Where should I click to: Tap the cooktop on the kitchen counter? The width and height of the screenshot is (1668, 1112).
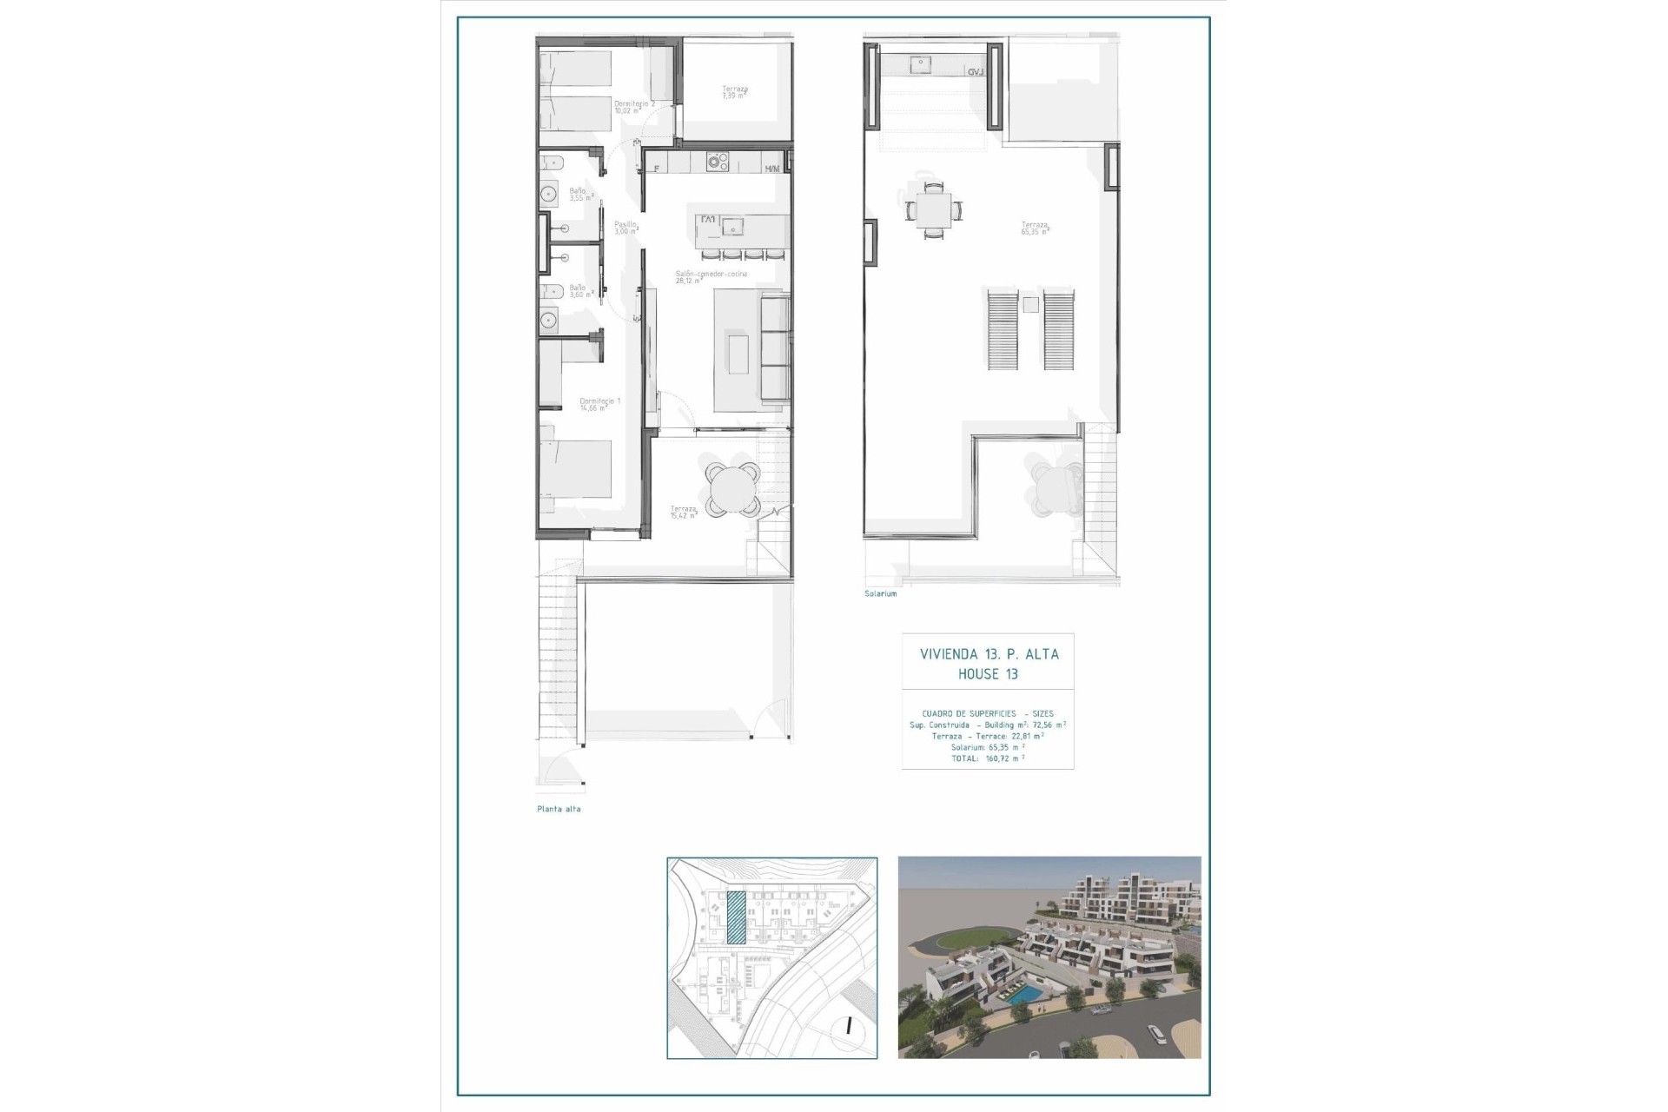[717, 162]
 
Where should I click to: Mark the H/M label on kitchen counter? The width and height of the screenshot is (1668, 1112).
[771, 169]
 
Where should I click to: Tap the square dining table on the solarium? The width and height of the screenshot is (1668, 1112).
[932, 209]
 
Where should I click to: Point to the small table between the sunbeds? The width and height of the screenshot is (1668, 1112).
[1030, 305]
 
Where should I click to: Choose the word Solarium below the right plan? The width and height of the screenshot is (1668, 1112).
[880, 593]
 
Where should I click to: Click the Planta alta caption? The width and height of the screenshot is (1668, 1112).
[559, 809]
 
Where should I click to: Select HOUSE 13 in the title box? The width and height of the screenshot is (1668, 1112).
[988, 674]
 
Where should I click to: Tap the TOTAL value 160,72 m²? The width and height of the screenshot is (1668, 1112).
[1004, 758]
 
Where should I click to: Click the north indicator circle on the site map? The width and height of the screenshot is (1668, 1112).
[848, 1027]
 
